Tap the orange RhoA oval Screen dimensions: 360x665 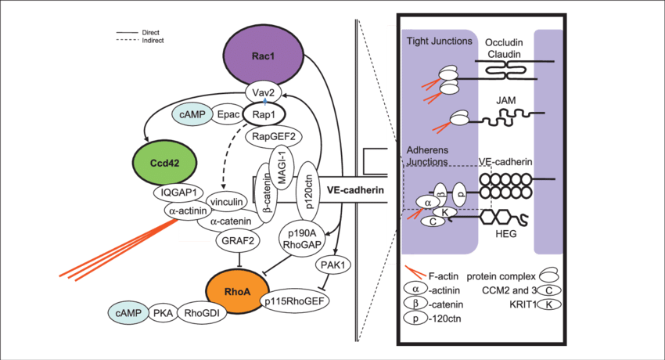pyautogui.click(x=237, y=291)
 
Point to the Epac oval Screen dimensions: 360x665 pyautogui.click(x=228, y=115)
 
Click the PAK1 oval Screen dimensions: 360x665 pyautogui.click(x=334, y=265)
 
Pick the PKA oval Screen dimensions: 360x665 pyautogui.click(x=164, y=313)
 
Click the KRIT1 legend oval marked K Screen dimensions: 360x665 pyautogui.click(x=552, y=304)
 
